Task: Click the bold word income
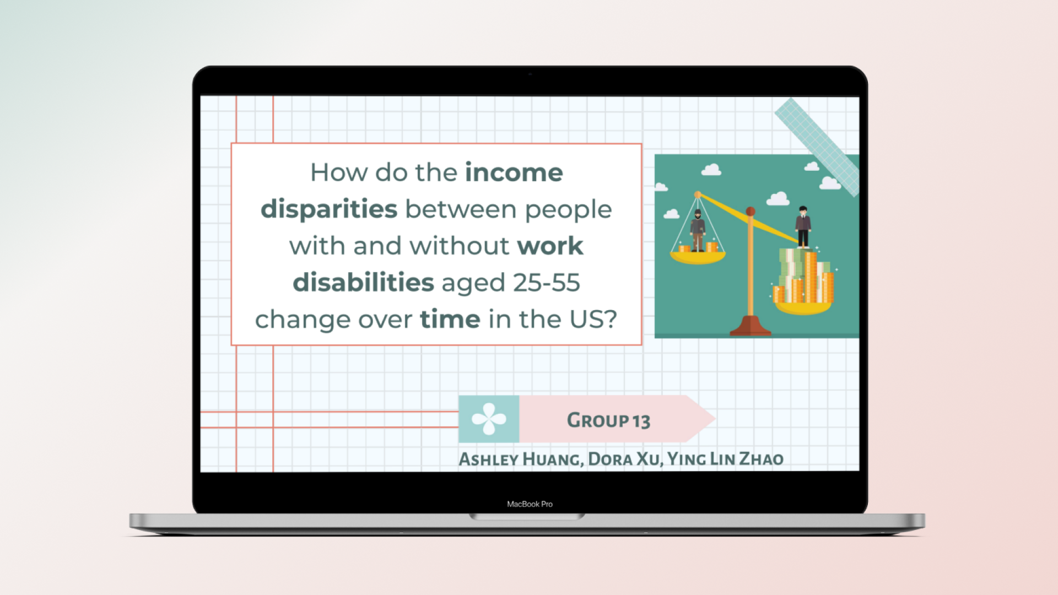(x=514, y=172)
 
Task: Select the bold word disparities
(x=329, y=209)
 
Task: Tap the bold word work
(x=550, y=246)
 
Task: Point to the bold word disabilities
(x=363, y=283)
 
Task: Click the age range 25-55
(x=546, y=283)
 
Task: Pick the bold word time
(x=450, y=320)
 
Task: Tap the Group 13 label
(x=608, y=420)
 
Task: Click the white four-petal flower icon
(x=489, y=419)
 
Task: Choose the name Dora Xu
(x=624, y=459)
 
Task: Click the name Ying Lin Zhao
(x=725, y=459)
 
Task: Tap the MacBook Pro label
(x=530, y=504)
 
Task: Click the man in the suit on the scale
(x=803, y=226)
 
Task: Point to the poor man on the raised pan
(x=698, y=230)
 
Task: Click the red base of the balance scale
(x=750, y=326)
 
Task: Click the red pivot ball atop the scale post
(x=750, y=212)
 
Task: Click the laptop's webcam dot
(x=530, y=74)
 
